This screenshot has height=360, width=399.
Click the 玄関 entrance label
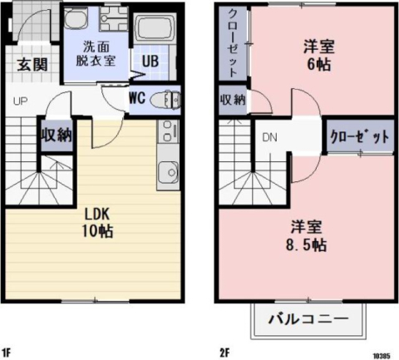32,65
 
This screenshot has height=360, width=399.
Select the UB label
150,62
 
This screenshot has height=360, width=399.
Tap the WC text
137,98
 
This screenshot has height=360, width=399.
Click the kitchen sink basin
166,173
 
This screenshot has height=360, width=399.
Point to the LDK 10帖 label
97,220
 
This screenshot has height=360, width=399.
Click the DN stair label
269,137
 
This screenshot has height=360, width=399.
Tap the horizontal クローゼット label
358,136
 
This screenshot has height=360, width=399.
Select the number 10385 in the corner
382,353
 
